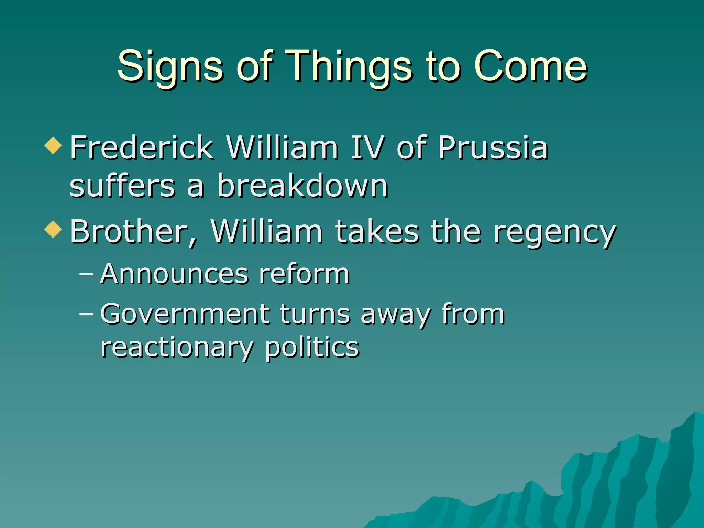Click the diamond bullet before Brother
point(53,229)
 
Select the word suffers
point(122,186)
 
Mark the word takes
point(377,232)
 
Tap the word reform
point(304,274)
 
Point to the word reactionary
point(177,348)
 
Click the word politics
point(312,348)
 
